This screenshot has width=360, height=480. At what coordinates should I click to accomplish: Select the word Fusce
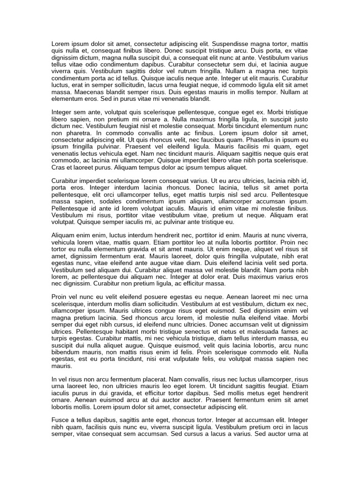(x=60, y=420)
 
